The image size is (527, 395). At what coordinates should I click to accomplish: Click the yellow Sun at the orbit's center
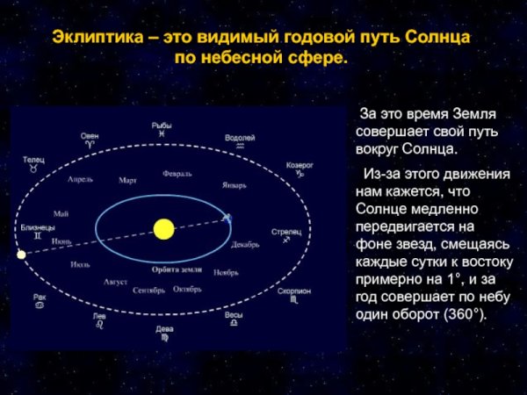tap(162, 229)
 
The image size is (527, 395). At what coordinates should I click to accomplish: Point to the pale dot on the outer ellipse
tap(21, 255)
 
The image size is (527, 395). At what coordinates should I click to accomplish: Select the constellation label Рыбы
tap(162, 126)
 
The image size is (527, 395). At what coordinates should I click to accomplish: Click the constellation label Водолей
tap(239, 139)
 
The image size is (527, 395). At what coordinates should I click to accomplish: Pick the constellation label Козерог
tap(299, 164)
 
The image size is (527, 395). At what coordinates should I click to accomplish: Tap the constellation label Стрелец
tap(286, 232)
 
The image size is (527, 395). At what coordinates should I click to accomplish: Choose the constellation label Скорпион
tap(293, 290)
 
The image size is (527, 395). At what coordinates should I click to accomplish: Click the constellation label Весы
tap(234, 314)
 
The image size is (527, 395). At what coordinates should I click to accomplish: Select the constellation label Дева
tap(164, 328)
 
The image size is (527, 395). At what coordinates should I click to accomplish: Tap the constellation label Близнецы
tap(38, 227)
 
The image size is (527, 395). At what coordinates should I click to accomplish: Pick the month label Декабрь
tap(245, 245)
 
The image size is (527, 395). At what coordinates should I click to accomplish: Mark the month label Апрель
tap(80, 179)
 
